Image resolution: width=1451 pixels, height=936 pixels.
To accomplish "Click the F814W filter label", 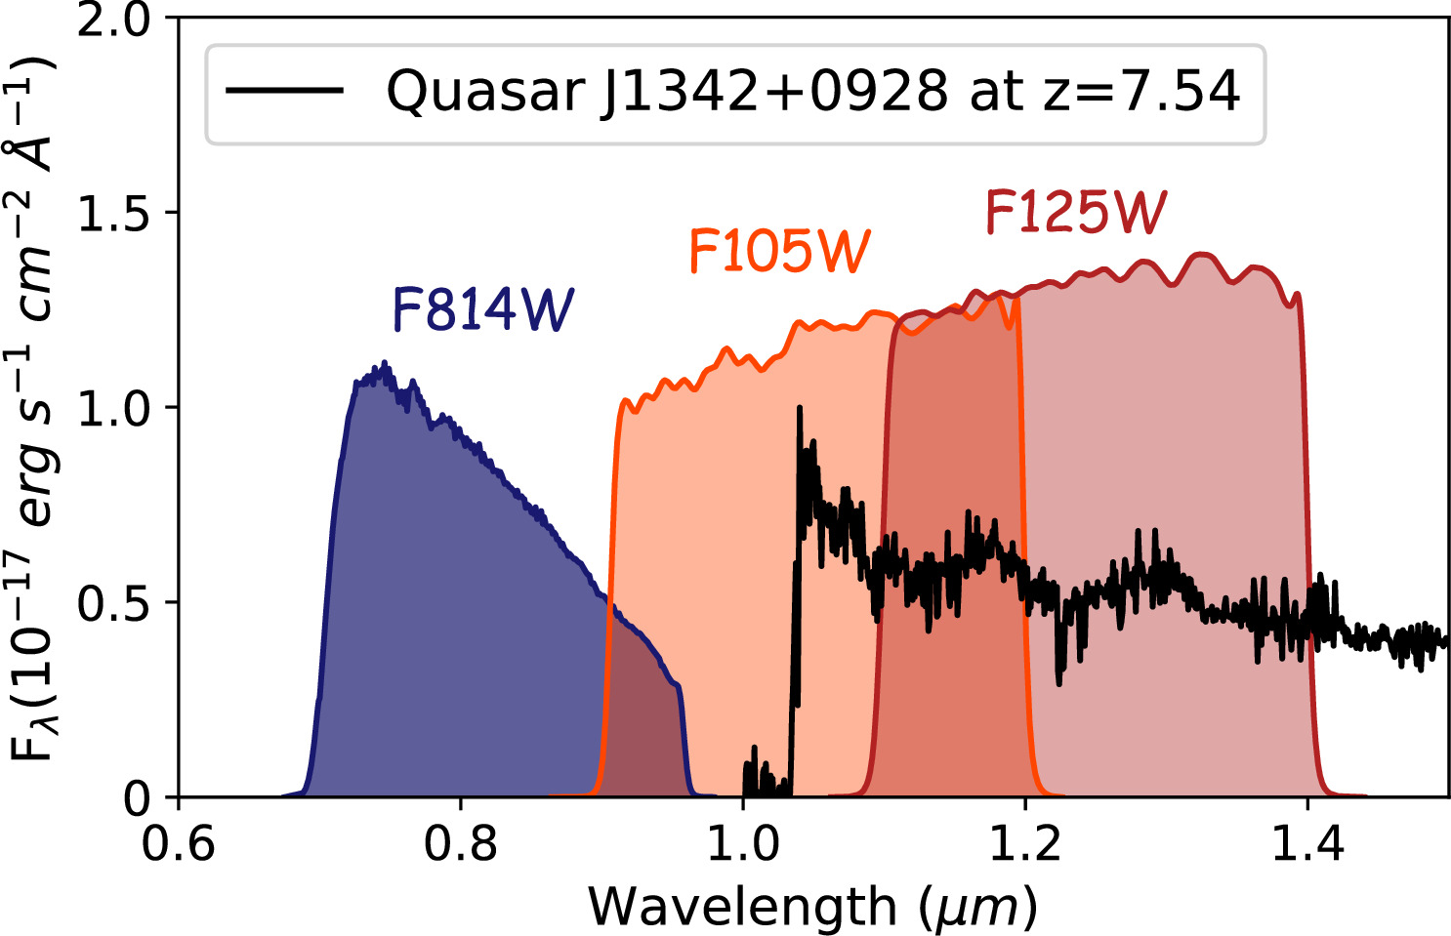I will pyautogui.click(x=482, y=310).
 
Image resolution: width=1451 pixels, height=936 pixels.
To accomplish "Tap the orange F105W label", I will pyautogui.click(x=779, y=251).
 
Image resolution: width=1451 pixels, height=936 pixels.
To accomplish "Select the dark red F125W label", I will pyautogui.click(x=1075, y=212).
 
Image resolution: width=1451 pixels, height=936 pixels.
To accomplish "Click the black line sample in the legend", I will pyautogui.click(x=284, y=91).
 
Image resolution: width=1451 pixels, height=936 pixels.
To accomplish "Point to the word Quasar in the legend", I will pyautogui.click(x=485, y=92).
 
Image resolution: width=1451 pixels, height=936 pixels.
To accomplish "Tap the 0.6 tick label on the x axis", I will pyautogui.click(x=179, y=842).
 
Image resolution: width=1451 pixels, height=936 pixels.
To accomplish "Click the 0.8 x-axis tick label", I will pyautogui.click(x=460, y=842).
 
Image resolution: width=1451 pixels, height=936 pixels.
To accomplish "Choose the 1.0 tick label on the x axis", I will pyautogui.click(x=742, y=842).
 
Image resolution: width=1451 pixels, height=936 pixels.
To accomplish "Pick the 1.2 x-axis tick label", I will pyautogui.click(x=1025, y=842).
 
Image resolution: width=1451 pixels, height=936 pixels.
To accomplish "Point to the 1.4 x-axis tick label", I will pyautogui.click(x=1306, y=842).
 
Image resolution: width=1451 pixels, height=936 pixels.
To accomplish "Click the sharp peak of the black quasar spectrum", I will pyautogui.click(x=800, y=408).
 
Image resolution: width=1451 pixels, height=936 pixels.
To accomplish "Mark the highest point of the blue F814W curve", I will pyautogui.click(x=385, y=363).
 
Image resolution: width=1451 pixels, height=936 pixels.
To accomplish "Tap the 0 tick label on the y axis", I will pyautogui.click(x=137, y=797).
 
